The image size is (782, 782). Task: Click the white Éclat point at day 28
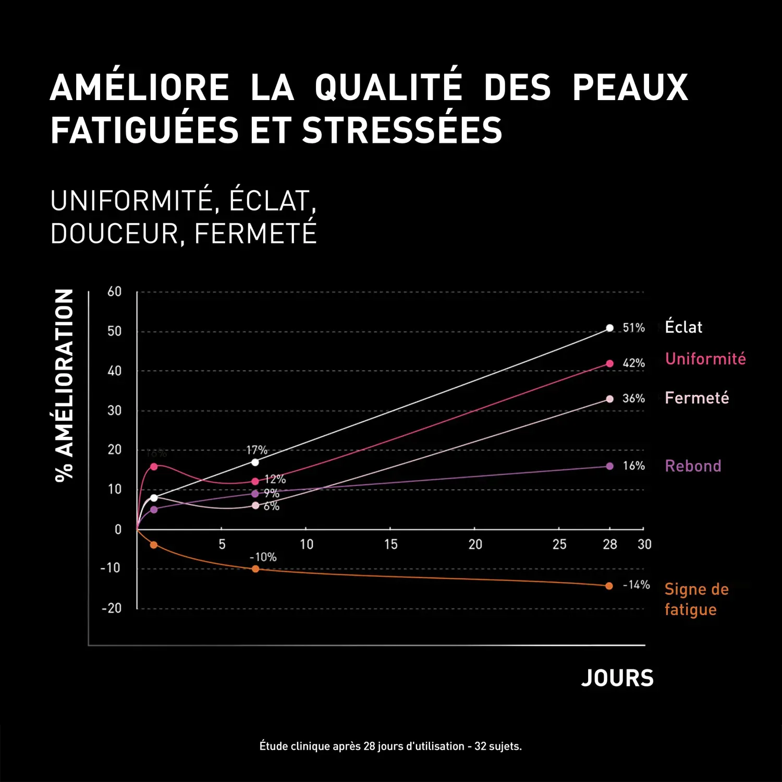coord(609,328)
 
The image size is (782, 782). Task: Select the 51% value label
coord(633,328)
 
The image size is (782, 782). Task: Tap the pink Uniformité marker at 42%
coord(609,363)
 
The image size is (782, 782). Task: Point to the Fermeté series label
coord(697,398)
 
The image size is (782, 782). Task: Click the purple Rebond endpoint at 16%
coord(609,466)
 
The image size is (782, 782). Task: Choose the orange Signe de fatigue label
coord(696,600)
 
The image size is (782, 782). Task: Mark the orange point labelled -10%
coord(255,569)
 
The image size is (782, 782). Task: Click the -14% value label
coord(636,585)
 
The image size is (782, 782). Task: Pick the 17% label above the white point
coord(256,450)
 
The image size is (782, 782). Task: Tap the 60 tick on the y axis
coord(114,291)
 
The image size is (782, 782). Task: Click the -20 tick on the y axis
coord(111,608)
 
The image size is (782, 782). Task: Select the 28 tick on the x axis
coord(609,545)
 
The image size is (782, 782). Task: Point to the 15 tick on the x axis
coord(390,545)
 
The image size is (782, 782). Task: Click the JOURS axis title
coord(617,678)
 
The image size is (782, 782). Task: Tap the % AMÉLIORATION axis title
coord(64,386)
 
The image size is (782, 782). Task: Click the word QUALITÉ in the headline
coord(388,87)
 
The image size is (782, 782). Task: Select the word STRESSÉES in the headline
coord(402,130)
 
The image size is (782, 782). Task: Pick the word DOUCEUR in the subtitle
coord(114,234)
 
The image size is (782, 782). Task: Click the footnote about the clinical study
coord(390,746)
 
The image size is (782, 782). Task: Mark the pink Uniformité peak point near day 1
coord(154,467)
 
